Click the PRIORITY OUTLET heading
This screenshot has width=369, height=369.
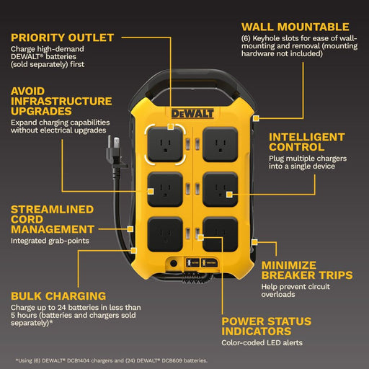pos(62,37)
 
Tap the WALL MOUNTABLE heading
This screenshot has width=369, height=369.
pos(295,27)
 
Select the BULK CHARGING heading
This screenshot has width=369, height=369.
pos(58,296)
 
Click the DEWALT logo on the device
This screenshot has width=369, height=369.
pos(192,114)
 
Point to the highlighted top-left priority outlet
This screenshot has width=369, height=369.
pos(165,145)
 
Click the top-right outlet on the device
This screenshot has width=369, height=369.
pos(221,145)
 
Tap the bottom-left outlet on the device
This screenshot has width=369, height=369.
pos(165,234)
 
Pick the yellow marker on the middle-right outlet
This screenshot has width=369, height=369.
pos(229,195)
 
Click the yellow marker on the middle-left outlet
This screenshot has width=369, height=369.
pos(151,191)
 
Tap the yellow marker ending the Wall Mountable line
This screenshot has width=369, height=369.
pos(256,118)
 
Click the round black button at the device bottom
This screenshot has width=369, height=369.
pos(174,263)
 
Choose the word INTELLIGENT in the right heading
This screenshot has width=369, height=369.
pos(307,137)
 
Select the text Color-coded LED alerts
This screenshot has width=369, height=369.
pos(262,343)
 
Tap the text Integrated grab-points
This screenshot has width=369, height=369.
pos(50,241)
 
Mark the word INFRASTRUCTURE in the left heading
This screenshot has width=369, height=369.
pos(61,101)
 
